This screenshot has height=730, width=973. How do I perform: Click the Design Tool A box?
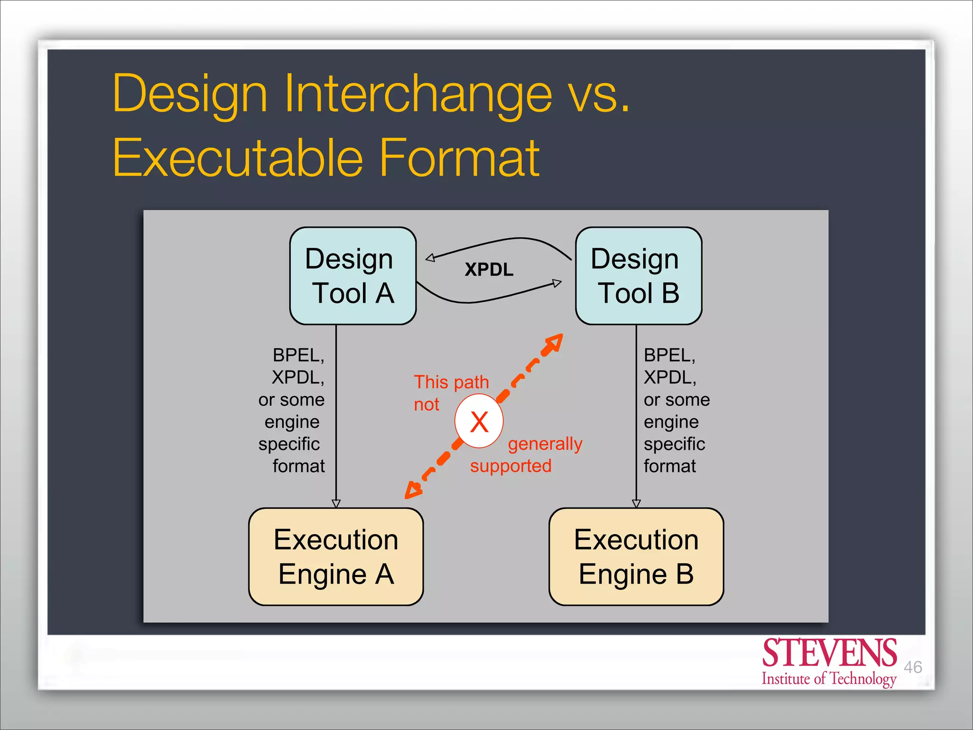[353, 276]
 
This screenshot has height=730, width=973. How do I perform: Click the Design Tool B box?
[638, 276]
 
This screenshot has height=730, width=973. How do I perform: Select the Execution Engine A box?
[336, 557]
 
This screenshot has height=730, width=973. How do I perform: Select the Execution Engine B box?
[636, 557]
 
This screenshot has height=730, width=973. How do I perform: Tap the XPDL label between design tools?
[489, 269]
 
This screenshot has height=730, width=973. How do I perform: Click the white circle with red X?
[479, 421]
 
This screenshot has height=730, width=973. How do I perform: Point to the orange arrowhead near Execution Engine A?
[413, 490]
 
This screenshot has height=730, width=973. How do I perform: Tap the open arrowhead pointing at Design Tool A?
[430, 258]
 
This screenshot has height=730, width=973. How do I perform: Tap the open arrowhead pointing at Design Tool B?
[557, 283]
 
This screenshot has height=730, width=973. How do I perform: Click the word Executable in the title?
[238, 158]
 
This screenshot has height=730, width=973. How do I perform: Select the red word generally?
[544, 444]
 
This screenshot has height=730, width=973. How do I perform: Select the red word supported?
[511, 466]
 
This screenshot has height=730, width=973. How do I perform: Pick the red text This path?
[451, 382]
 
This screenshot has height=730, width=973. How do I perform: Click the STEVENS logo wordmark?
[829, 653]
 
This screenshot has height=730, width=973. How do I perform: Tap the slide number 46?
[913, 667]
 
